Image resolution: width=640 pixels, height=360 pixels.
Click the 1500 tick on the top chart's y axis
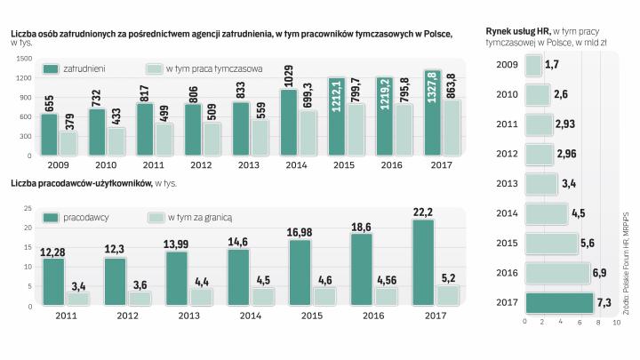[x=23, y=60]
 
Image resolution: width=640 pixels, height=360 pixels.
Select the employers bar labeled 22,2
[x=423, y=262]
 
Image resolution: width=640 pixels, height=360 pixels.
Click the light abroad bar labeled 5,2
[x=448, y=295]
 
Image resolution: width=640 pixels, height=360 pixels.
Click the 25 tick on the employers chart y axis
[x=27, y=209]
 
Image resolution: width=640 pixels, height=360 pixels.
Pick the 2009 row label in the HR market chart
[x=508, y=65]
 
